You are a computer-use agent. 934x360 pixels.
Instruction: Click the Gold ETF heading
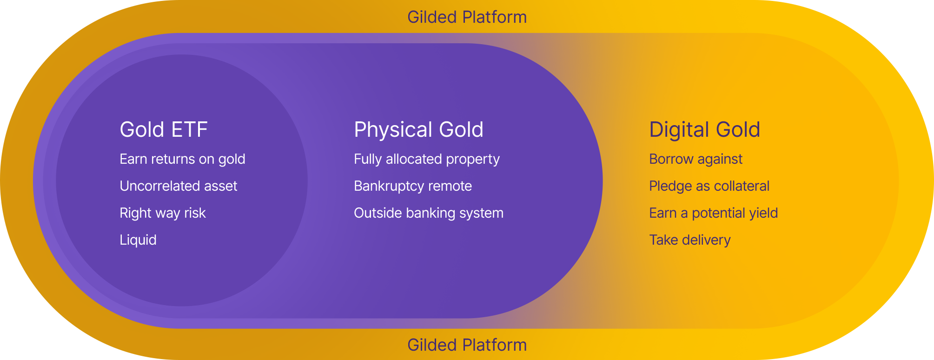[x=164, y=129]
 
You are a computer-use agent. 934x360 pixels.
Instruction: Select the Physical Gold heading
[x=418, y=130]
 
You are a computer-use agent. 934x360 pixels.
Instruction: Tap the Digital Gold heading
[x=704, y=130]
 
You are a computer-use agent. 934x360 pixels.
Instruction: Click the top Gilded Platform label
[x=467, y=17]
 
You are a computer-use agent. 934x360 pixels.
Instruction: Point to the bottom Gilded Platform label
[x=467, y=345]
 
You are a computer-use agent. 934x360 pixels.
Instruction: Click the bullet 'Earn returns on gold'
[x=182, y=160]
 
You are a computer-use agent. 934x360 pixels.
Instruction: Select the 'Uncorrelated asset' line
[x=179, y=186]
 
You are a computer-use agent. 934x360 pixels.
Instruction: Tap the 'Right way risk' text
[x=163, y=213]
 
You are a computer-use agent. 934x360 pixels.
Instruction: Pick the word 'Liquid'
[x=138, y=240]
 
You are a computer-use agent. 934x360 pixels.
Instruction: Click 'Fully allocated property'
[x=427, y=160]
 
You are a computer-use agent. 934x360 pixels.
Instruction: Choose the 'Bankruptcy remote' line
[x=413, y=187]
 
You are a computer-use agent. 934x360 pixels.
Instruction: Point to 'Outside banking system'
[x=429, y=213]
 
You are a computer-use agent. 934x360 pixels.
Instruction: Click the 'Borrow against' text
[x=696, y=160]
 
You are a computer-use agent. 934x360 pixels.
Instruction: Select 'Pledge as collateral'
[x=709, y=187]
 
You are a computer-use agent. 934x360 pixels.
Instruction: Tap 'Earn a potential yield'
[x=713, y=213]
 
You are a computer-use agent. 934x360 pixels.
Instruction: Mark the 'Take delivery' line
[x=690, y=240]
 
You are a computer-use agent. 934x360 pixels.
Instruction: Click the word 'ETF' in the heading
[x=189, y=129]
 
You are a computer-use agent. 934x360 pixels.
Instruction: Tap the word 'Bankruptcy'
[x=389, y=187]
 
